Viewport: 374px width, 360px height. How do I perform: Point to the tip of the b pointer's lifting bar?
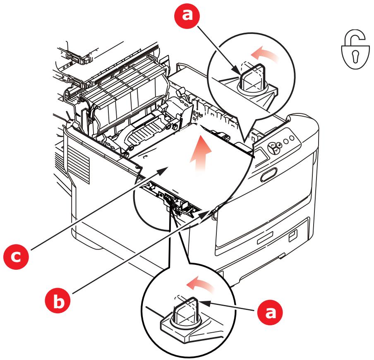click(x=213, y=212)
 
